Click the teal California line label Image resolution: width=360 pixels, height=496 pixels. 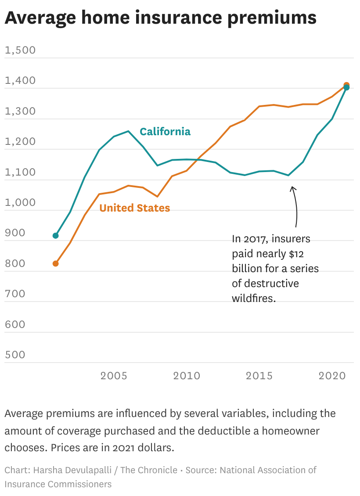click(165, 132)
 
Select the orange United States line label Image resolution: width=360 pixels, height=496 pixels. click(134, 208)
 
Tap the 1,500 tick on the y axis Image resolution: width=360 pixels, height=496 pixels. click(20, 50)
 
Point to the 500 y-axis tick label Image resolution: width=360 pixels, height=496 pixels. click(15, 355)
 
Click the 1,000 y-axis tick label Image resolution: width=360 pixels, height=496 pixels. click(20, 203)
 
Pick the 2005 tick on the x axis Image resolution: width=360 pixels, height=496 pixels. click(114, 376)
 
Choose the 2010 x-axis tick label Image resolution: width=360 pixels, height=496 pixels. click(187, 376)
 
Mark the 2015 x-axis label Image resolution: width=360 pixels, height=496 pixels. click(259, 376)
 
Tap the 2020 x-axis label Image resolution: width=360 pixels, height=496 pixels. click(332, 376)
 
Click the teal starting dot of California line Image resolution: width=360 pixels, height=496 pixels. click(56, 236)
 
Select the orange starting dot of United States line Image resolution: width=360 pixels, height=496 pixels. click(56, 264)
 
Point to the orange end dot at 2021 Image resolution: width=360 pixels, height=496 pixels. click(346, 85)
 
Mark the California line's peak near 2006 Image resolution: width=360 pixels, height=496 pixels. click(128, 131)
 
